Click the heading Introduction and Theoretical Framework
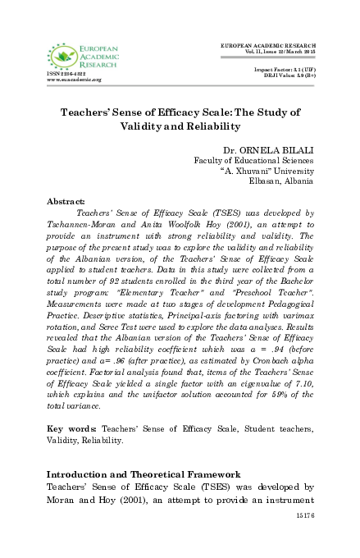142,474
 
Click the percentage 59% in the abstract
273,405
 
